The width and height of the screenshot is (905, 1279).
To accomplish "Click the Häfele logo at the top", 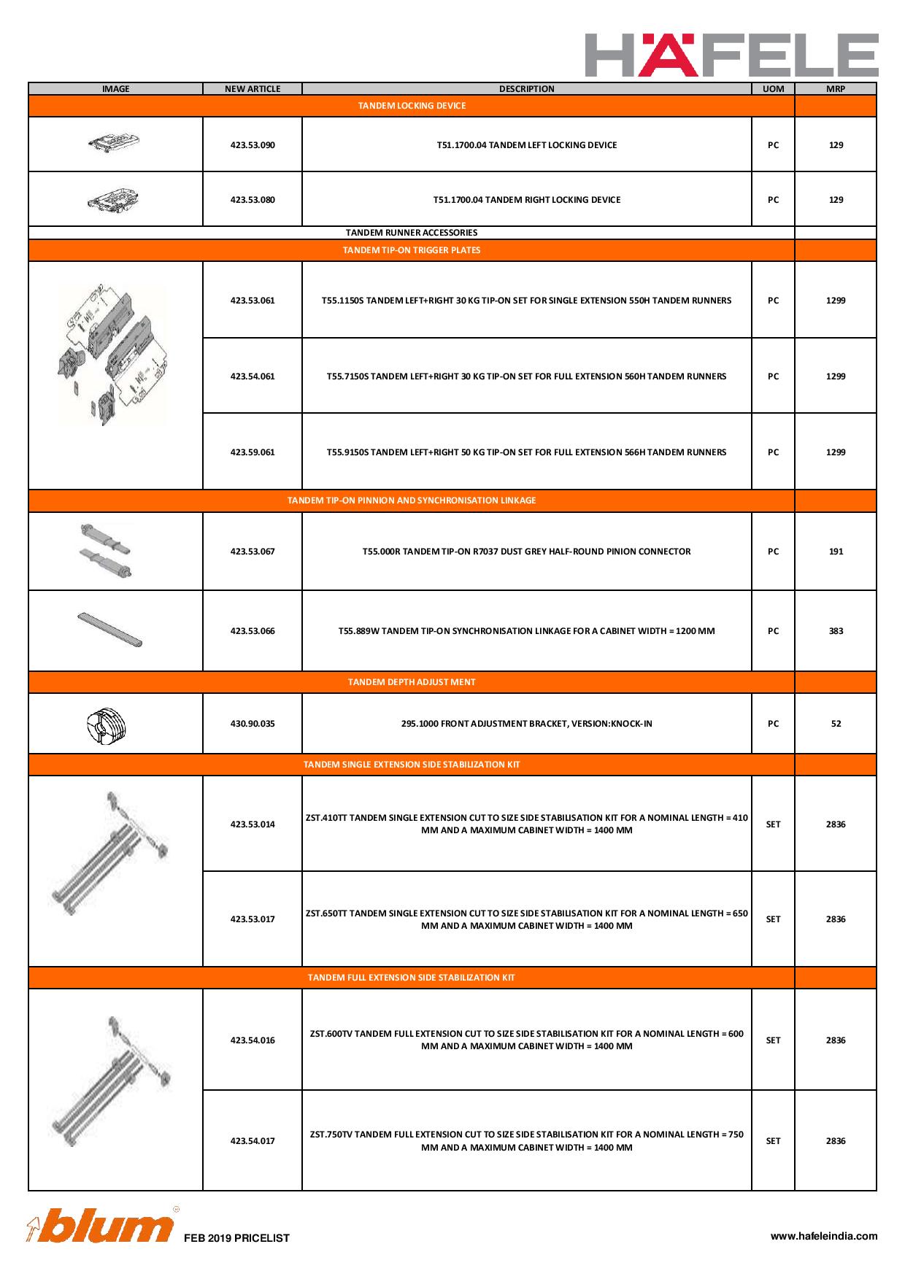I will pos(731,55).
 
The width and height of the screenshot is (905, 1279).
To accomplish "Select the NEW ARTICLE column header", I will pos(253,89).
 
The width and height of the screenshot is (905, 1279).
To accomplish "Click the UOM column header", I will pos(773,89).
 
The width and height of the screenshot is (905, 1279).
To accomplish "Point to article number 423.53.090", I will pos(253,145).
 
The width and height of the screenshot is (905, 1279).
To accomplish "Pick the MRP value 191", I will pos(836,552).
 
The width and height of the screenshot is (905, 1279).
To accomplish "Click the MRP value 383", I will pos(836,631).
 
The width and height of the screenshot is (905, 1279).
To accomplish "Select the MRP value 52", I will pos(836,724).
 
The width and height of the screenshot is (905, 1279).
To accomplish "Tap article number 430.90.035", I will pos(253,724).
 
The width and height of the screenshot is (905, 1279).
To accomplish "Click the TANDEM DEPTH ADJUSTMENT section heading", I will pos(412,682).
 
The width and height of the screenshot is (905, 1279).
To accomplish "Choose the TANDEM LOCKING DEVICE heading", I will pos(412,106).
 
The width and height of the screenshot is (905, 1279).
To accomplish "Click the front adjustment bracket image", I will pos(107,724).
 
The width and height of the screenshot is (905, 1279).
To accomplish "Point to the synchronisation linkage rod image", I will pos(110,630).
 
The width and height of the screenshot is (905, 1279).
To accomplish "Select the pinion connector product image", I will pos(107,551).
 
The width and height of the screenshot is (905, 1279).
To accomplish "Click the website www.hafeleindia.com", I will pos(824,1236).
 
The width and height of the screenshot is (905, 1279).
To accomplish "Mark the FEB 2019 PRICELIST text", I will pos(236,1238).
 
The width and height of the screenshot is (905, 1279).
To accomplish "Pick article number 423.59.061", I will pos(253,452).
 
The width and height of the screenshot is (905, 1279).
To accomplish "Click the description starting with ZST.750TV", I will pos(526,1141).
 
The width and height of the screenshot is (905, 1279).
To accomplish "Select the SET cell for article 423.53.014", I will pos(773,824).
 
